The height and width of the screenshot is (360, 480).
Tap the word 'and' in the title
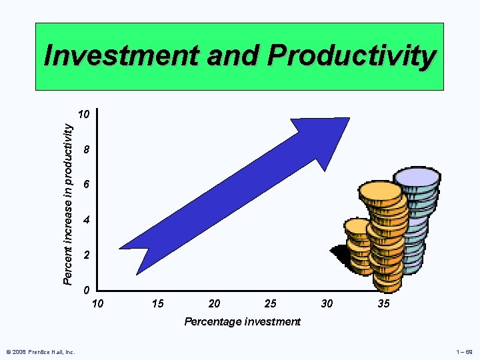(x=234, y=57)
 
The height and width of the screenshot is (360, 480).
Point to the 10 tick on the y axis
(x=83, y=115)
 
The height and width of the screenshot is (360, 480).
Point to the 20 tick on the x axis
(x=214, y=304)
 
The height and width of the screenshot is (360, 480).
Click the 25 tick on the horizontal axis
(x=270, y=304)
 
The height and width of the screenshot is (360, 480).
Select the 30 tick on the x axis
(x=327, y=304)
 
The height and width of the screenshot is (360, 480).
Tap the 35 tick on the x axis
(x=383, y=304)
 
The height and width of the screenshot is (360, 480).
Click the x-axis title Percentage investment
(x=242, y=322)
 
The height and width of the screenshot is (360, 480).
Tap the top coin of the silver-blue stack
(x=417, y=177)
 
